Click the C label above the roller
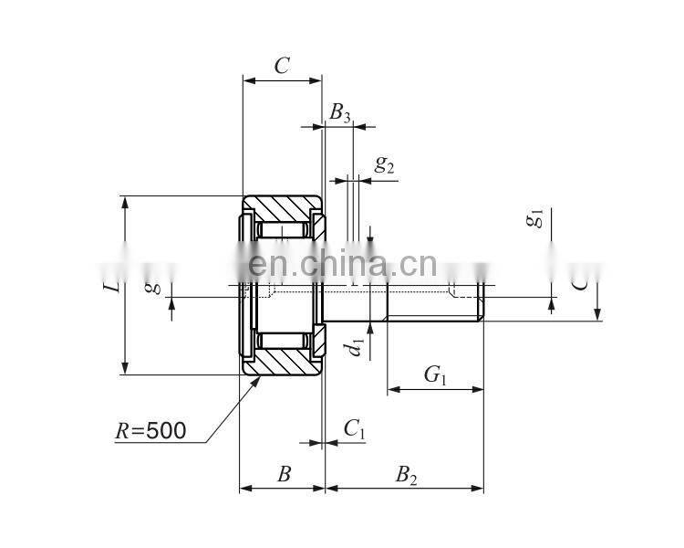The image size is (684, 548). (282, 65)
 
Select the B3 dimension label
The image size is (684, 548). (339, 112)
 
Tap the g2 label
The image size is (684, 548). (385, 164)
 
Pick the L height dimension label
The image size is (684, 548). (110, 286)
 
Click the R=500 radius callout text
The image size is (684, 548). (150, 430)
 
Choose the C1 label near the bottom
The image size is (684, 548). (354, 428)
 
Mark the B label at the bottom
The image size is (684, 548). (284, 474)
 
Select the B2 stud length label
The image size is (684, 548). (406, 474)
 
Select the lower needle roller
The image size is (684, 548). (282, 342)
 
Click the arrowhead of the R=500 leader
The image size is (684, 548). (258, 378)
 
